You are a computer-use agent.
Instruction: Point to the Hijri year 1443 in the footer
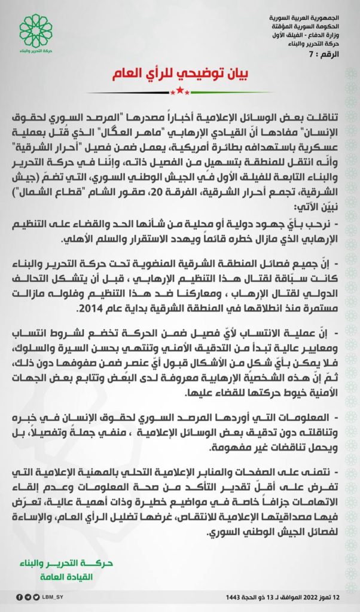tap(234, 596)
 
